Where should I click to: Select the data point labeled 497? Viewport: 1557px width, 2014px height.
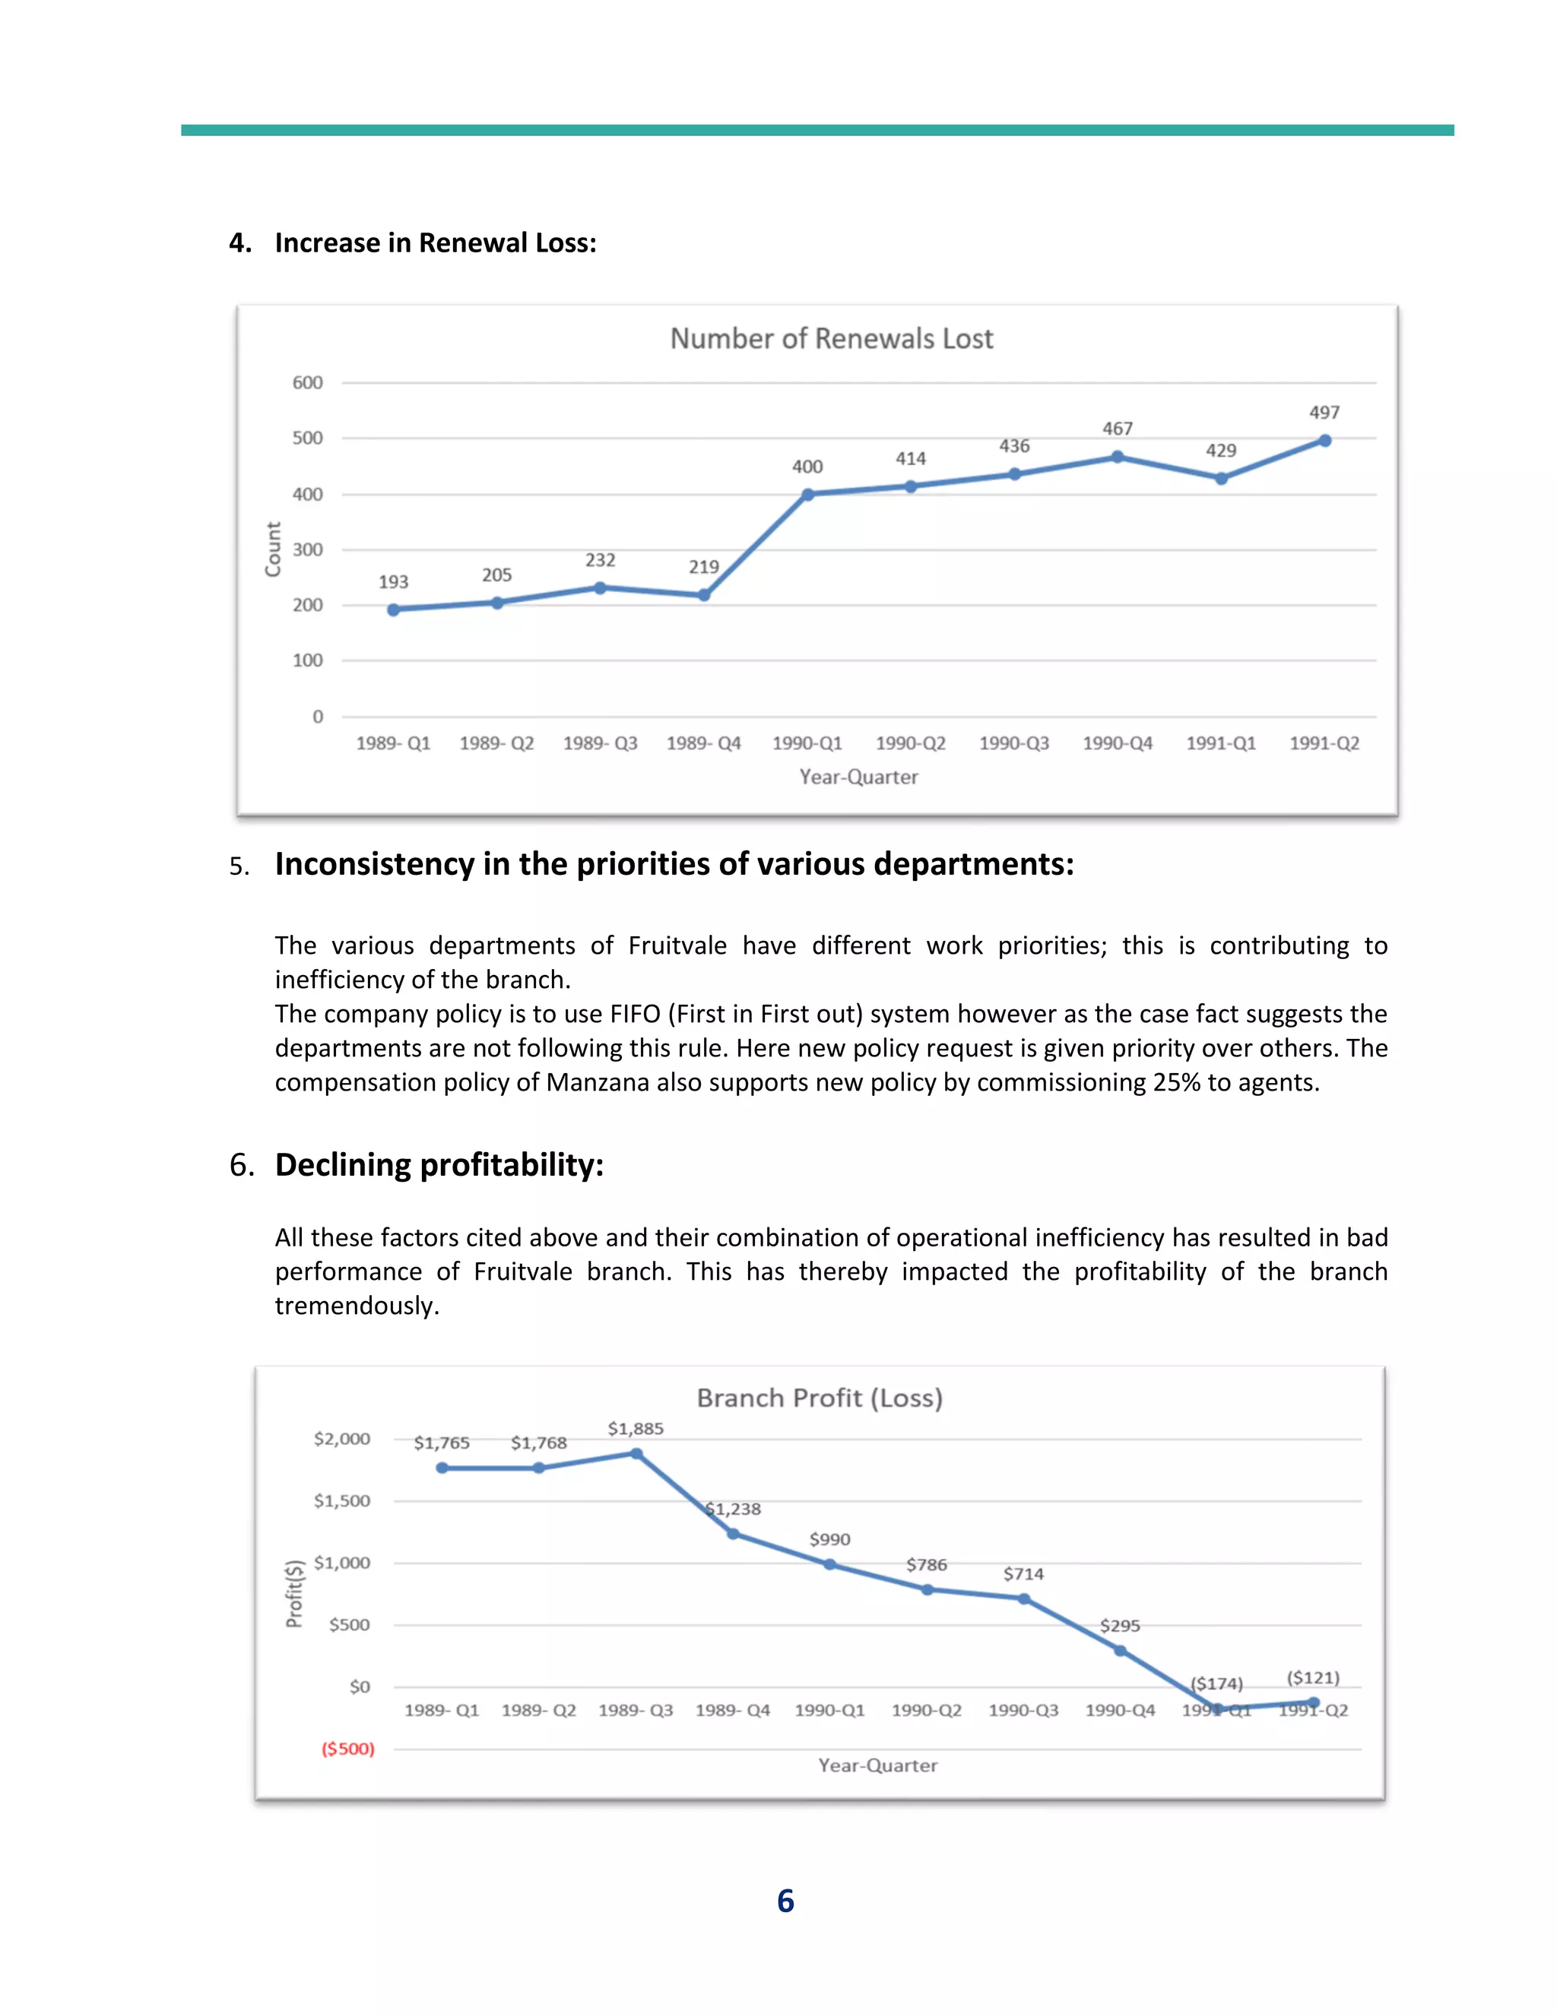(x=1324, y=441)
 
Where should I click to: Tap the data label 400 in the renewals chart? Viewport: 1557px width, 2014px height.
(x=807, y=467)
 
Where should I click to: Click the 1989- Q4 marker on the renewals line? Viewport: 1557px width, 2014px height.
(x=704, y=595)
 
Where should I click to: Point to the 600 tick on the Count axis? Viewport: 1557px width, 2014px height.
(x=307, y=383)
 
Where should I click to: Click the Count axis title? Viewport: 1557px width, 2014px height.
(x=273, y=549)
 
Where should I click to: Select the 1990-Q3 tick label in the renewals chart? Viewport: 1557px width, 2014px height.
(x=1013, y=743)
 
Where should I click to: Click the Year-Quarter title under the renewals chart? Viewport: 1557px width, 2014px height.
(x=858, y=777)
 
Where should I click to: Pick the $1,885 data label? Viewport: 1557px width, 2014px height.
(x=636, y=1429)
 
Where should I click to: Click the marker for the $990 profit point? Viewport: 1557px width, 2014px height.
(x=829, y=1564)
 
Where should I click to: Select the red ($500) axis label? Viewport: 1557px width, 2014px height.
(x=347, y=1749)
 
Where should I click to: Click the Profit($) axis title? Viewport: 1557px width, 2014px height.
(x=294, y=1594)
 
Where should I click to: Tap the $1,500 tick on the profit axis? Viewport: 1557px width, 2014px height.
(x=341, y=1501)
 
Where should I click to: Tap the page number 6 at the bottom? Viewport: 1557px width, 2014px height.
(x=785, y=1901)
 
